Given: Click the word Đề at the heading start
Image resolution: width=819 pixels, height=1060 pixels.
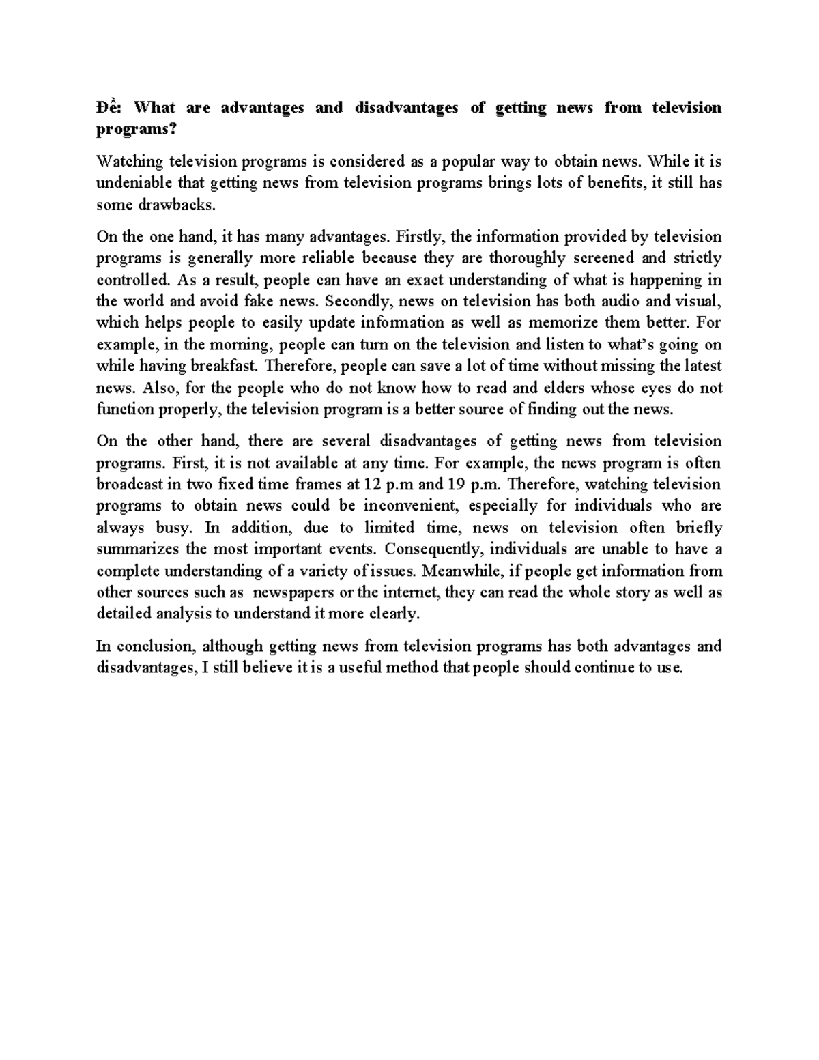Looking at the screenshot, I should tap(108, 108).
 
